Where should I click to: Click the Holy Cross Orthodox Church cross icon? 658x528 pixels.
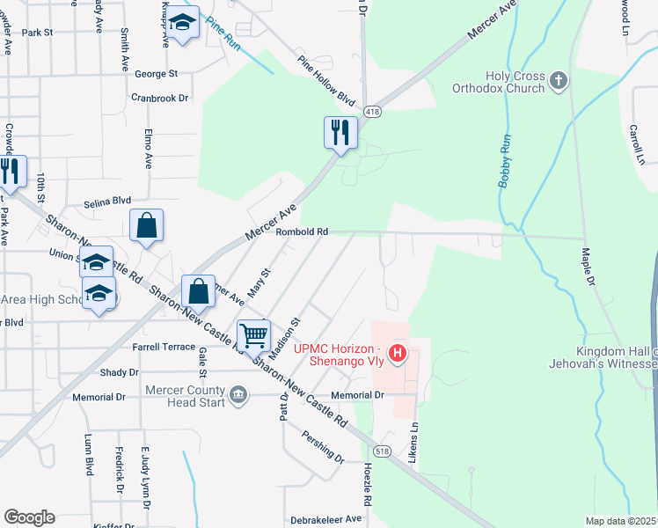point(558,82)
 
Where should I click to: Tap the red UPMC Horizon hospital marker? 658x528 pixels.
point(398,354)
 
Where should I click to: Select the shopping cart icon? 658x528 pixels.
point(254,335)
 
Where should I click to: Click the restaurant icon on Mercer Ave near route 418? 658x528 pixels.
point(340,133)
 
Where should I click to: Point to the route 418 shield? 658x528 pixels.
point(374,111)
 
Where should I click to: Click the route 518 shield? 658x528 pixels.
point(381,451)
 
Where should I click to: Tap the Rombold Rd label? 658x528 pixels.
point(302,232)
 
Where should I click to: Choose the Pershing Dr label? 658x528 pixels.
point(323,445)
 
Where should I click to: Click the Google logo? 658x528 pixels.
point(29,517)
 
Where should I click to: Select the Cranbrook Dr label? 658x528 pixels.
point(160,98)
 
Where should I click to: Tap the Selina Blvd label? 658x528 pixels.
point(107,202)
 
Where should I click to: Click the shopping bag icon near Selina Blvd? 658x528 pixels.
point(146,226)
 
